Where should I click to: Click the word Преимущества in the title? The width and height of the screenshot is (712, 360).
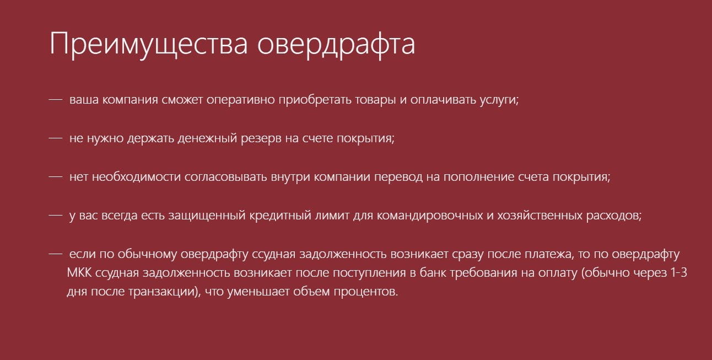(149, 45)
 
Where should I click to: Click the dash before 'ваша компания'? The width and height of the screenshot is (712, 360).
(55, 100)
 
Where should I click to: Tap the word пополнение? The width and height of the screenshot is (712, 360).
(479, 177)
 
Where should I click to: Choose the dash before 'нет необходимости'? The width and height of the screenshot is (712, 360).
(55, 177)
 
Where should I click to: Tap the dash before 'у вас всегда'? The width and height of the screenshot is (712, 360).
(55, 216)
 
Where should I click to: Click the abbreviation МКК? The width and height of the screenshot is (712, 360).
(79, 273)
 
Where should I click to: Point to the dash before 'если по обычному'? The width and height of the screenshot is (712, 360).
(55, 254)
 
